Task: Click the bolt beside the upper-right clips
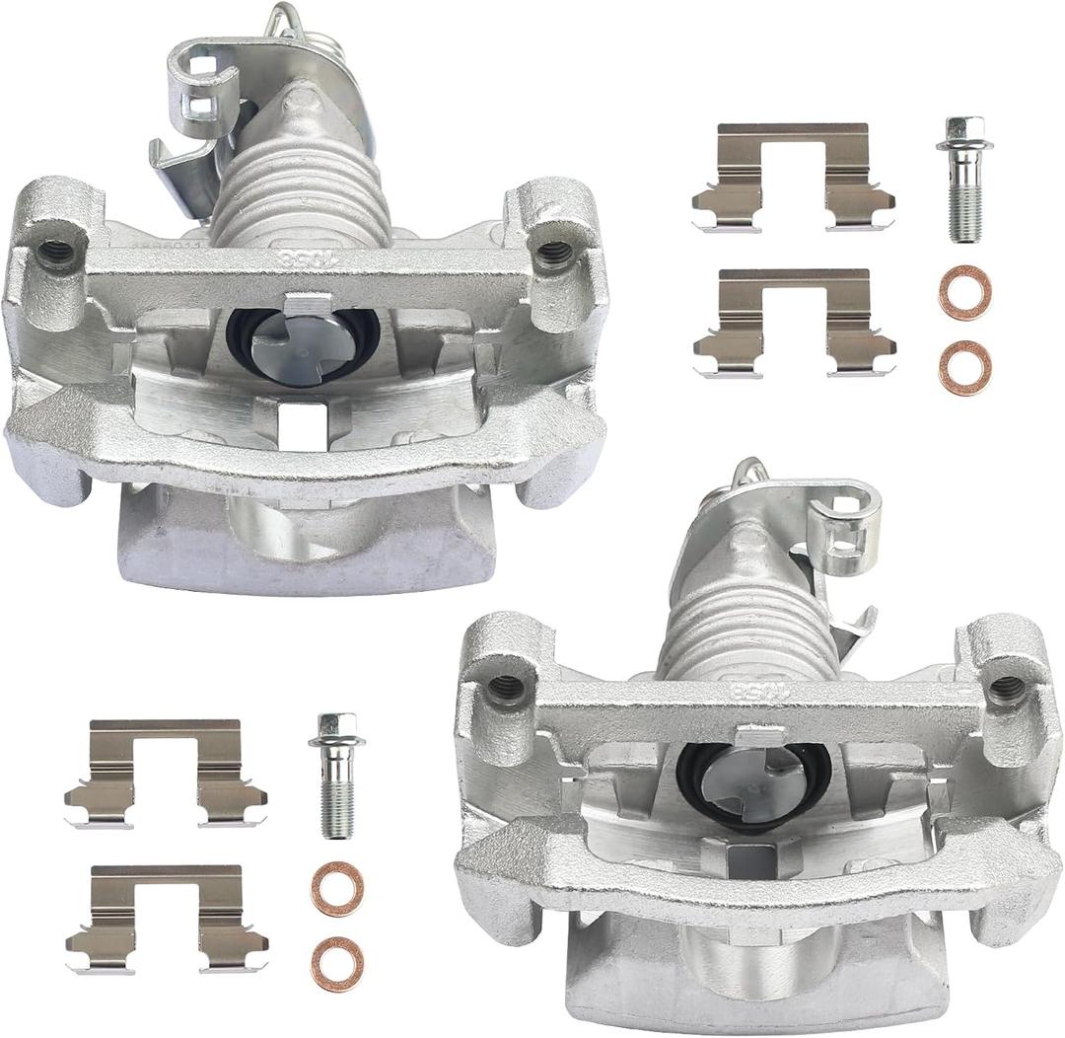click(964, 183)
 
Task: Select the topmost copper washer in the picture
click(964, 293)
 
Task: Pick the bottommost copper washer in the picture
click(337, 964)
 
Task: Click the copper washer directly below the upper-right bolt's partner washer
click(964, 367)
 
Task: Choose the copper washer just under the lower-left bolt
click(337, 889)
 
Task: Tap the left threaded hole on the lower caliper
click(506, 687)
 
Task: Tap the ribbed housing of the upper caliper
click(300, 193)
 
